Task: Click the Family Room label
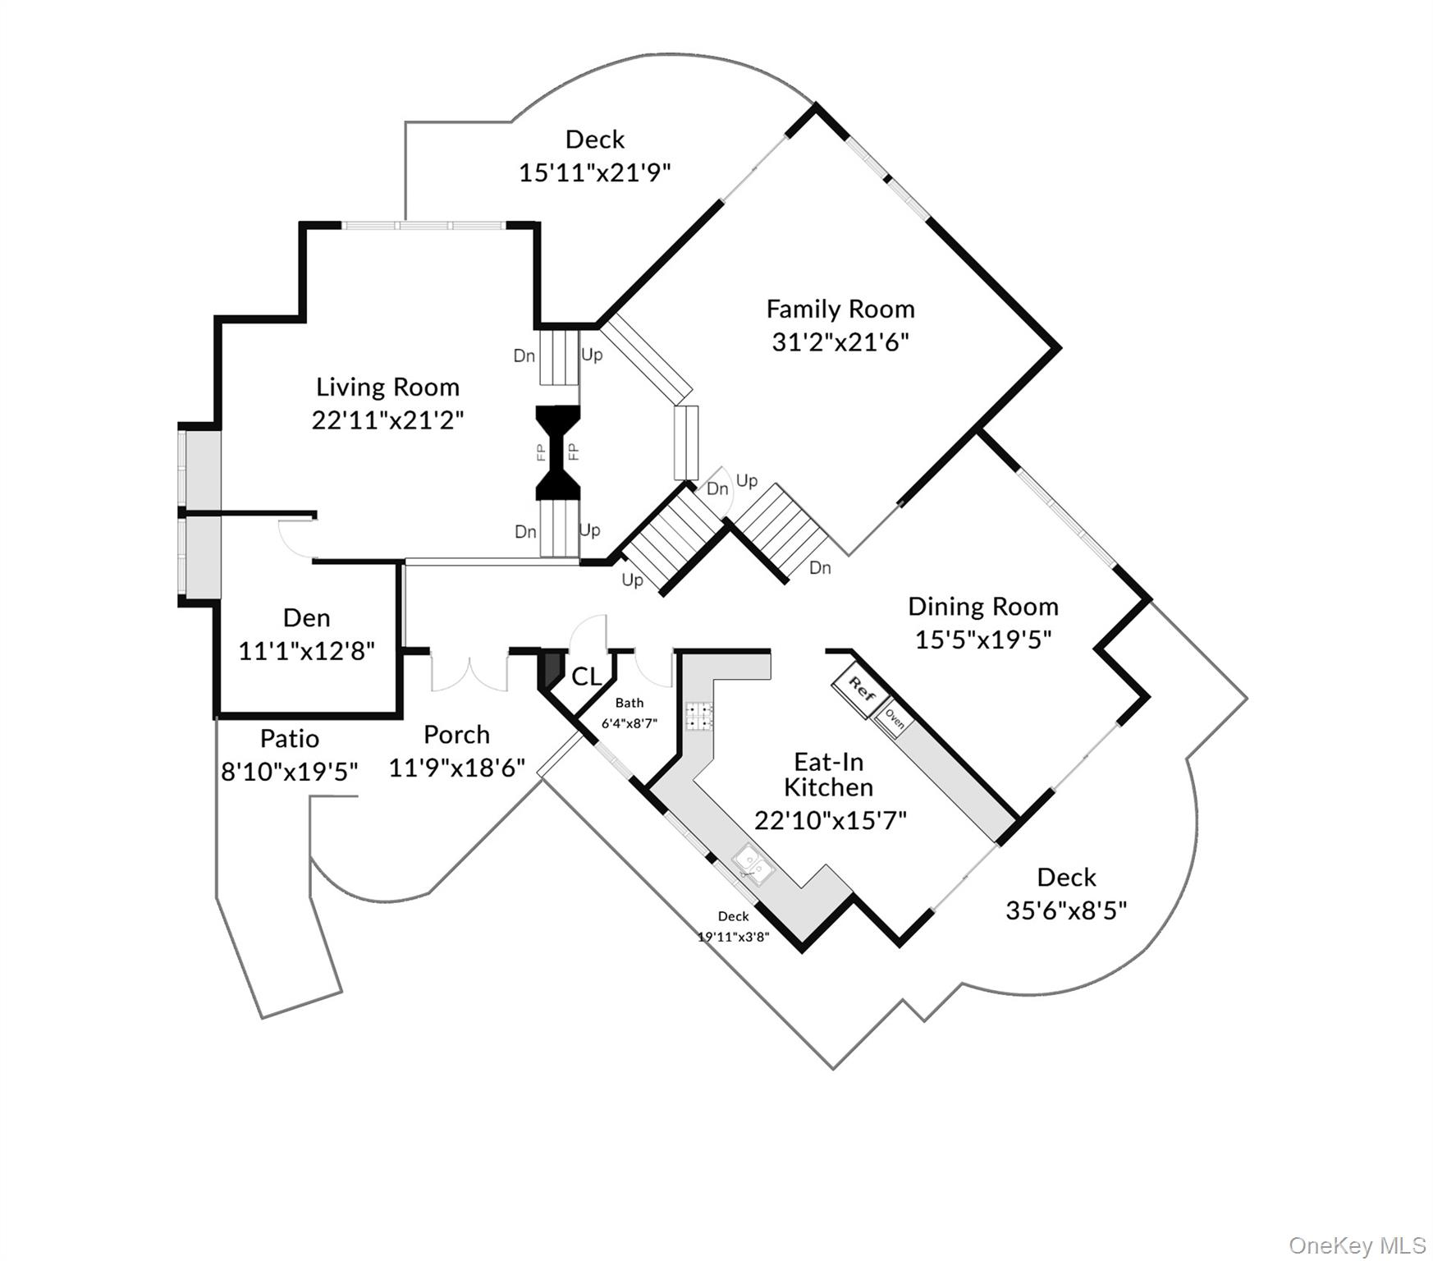[840, 310]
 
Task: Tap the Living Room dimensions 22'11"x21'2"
[387, 420]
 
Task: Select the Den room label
[306, 618]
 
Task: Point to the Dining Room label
[982, 607]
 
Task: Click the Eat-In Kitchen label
[828, 774]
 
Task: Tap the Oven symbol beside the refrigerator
[895, 720]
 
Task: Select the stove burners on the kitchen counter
[700, 716]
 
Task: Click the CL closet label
[586, 677]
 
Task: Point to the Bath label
[630, 703]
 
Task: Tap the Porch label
[456, 735]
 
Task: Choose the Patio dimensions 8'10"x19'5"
[290, 772]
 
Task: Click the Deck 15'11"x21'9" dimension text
[595, 173]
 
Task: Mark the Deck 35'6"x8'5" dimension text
[1066, 910]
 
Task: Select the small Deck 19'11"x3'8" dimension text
[733, 937]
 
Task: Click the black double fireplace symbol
[558, 452]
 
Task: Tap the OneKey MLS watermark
[1357, 1245]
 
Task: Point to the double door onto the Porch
[469, 672]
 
